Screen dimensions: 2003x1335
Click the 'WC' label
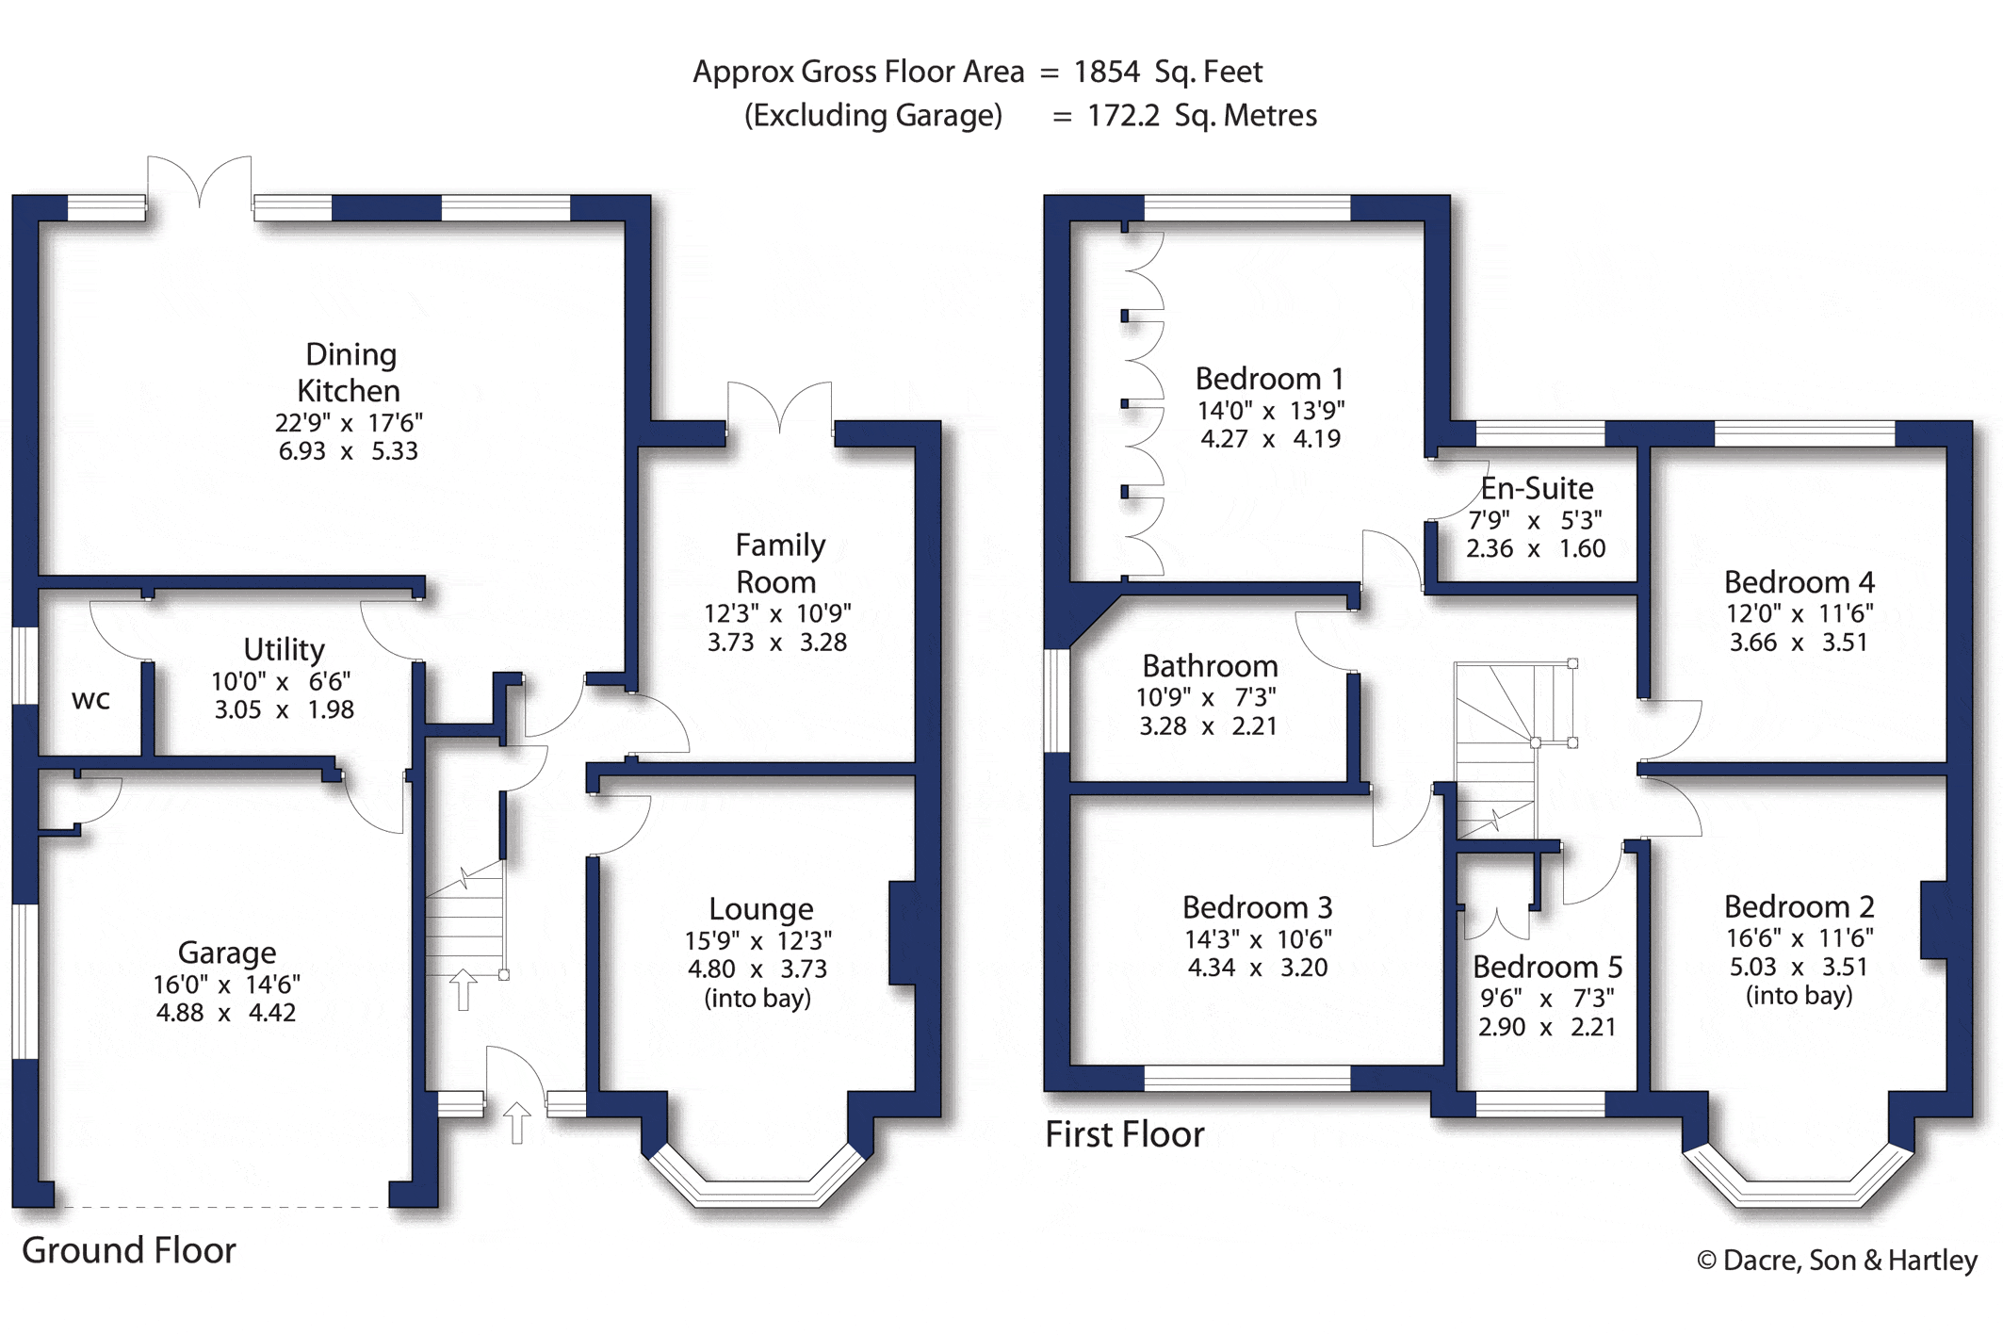(90, 700)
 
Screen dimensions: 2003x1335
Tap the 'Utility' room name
(284, 649)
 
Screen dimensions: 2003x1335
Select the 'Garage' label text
(227, 952)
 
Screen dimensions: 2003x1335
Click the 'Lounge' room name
(761, 909)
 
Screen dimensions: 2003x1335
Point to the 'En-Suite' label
(1537, 488)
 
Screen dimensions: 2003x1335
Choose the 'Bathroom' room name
(1210, 666)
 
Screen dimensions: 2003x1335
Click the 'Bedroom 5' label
(1547, 967)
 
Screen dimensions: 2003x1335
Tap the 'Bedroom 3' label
(1257, 907)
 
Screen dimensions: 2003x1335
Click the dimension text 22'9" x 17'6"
(349, 422)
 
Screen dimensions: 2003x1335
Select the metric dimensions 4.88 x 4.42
(226, 1013)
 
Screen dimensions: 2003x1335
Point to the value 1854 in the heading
(1106, 72)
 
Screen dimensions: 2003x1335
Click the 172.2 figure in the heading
(1123, 115)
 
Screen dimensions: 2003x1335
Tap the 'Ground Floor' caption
(129, 1250)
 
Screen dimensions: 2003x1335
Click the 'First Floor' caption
(1125, 1134)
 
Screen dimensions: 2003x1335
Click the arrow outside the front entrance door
(516, 1123)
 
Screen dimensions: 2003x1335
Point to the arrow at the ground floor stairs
(463, 989)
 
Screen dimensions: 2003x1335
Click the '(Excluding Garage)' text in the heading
(873, 116)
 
